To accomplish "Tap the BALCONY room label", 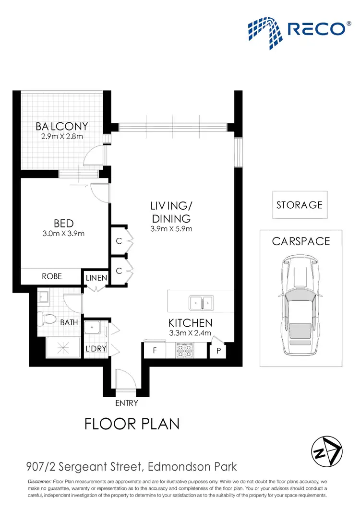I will pyautogui.click(x=62, y=127).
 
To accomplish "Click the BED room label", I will pyautogui.click(x=63, y=224).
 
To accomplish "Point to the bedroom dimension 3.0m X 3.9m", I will pyautogui.click(x=63, y=234).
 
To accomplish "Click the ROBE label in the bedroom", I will pyautogui.click(x=52, y=276).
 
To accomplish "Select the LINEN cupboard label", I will pyautogui.click(x=96, y=278).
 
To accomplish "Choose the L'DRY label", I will pyautogui.click(x=96, y=349).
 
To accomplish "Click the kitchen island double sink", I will pyautogui.click(x=202, y=303).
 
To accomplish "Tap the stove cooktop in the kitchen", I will pyautogui.click(x=185, y=350).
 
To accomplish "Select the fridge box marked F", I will pyautogui.click(x=155, y=351).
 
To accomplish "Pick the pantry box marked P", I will pyautogui.click(x=218, y=351).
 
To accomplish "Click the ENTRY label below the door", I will pyautogui.click(x=127, y=403).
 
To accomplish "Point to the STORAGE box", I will pyautogui.click(x=300, y=205).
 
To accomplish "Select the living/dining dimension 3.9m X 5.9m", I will pyautogui.click(x=171, y=229).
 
